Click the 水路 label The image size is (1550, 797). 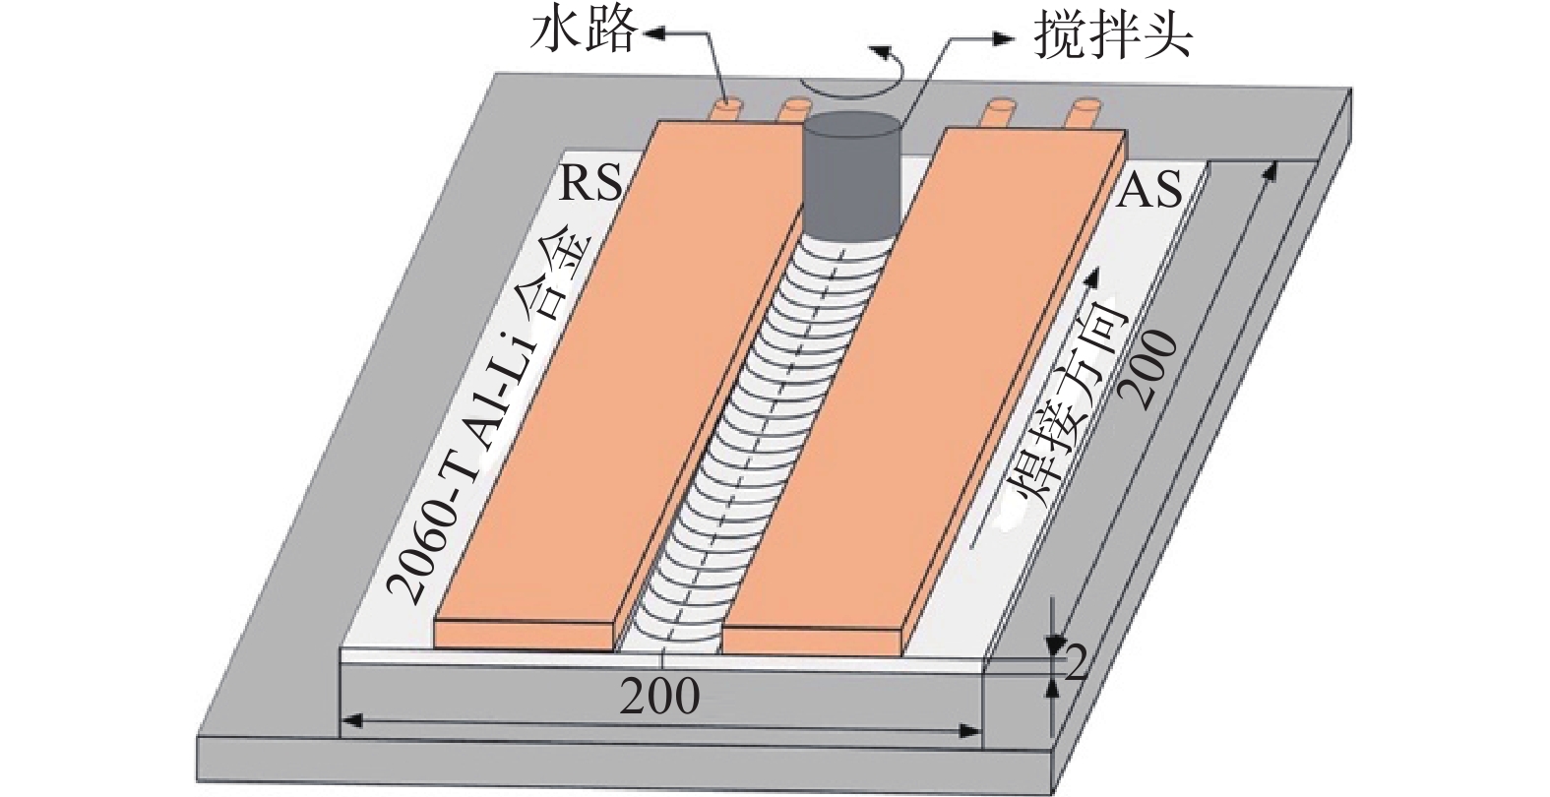pos(583,33)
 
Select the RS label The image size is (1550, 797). pos(590,184)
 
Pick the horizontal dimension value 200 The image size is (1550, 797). pos(658,696)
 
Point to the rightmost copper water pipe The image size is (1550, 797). pos(1085,115)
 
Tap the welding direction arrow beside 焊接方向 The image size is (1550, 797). pos(1032,409)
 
